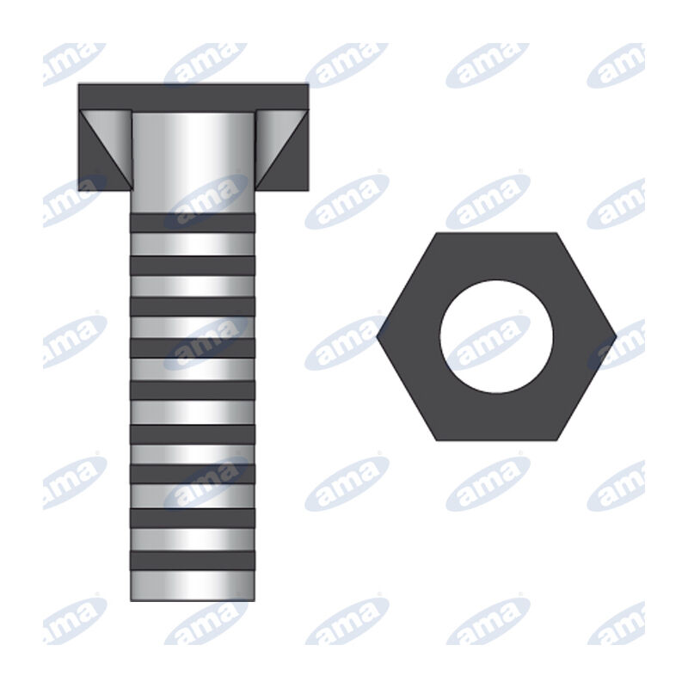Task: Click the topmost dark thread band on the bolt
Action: click(193, 223)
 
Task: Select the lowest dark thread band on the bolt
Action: click(193, 560)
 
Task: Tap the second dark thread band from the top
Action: click(193, 265)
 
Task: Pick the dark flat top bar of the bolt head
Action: click(193, 96)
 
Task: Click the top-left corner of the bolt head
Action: click(80, 85)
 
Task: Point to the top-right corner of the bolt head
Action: click(307, 85)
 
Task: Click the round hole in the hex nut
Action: click(496, 336)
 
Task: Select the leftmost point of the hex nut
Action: click(378, 336)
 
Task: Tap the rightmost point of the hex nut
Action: click(615, 336)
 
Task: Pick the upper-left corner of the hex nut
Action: click(438, 234)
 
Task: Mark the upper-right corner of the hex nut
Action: click(556, 234)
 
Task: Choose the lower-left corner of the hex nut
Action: click(438, 439)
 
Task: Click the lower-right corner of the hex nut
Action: click(556, 439)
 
